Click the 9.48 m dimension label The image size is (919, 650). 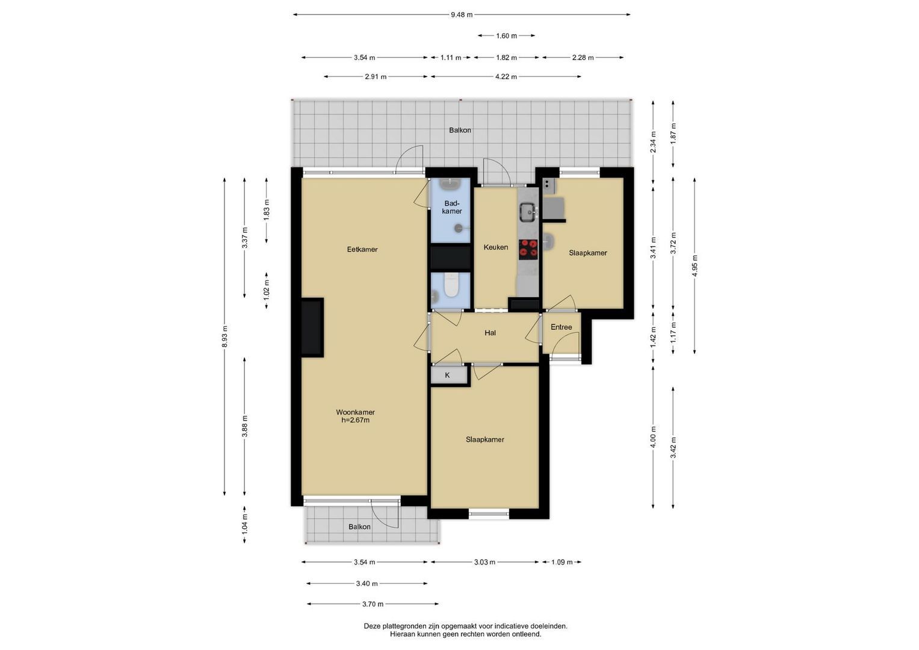(462, 15)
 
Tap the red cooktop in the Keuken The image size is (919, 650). (528, 250)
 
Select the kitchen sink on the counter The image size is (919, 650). (528, 212)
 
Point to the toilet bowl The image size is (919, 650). (451, 284)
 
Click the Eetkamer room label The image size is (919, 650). (362, 249)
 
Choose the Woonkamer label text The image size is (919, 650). (355, 412)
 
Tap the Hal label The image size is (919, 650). (490, 333)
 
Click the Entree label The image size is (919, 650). (562, 327)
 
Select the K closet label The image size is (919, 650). (448, 375)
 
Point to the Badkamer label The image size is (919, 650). (452, 207)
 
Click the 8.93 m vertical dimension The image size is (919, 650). (224, 336)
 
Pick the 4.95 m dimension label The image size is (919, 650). (695, 266)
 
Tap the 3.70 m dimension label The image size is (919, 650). (373, 604)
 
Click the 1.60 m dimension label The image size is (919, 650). (506, 36)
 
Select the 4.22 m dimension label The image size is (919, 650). (506, 77)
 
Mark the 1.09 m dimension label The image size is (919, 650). (562, 562)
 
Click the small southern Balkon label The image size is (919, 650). (359, 527)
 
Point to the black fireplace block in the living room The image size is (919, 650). (312, 327)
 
